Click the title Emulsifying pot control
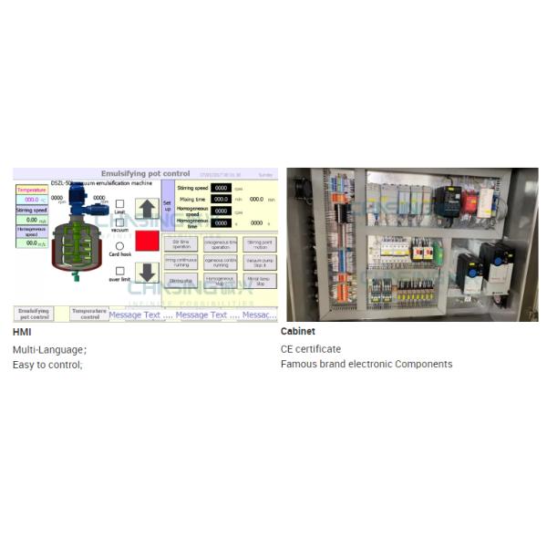tap(147, 173)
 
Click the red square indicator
tap(147, 241)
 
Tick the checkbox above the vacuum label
tap(120, 222)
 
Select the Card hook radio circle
tap(120, 246)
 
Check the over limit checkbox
tap(120, 271)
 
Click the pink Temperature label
tap(31, 190)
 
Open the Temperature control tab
tap(88, 313)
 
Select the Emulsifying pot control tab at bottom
tap(34, 314)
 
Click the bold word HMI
tap(21, 332)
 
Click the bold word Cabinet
tap(298, 332)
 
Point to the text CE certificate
tap(311, 349)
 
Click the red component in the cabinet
tap(470, 201)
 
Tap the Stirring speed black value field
tap(221, 188)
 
